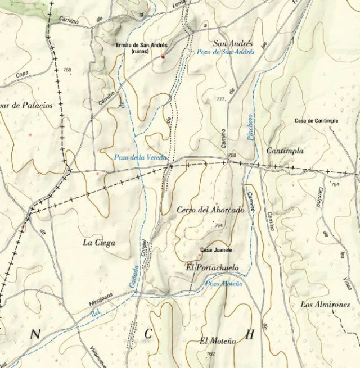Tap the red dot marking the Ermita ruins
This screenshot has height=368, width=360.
click(x=163, y=57)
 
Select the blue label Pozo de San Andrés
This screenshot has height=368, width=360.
click(x=226, y=52)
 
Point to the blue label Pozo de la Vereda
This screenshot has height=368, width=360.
click(x=141, y=158)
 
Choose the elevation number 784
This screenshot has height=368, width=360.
click(x=336, y=184)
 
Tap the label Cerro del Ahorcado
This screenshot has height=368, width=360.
click(x=210, y=210)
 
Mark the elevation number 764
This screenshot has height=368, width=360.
click(x=219, y=225)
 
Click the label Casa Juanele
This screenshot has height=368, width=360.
click(x=217, y=250)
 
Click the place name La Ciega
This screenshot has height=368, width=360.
click(x=99, y=243)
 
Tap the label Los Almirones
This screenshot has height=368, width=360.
click(x=325, y=305)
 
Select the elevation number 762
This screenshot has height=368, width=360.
click(x=211, y=354)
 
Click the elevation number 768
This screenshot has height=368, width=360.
click(x=68, y=70)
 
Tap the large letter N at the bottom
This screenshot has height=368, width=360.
click(x=35, y=335)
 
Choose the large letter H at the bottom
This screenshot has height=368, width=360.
click(x=250, y=334)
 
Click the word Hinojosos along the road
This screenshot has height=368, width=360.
click(x=101, y=297)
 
